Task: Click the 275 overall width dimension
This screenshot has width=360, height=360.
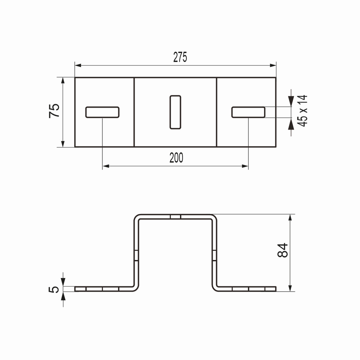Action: tap(180, 57)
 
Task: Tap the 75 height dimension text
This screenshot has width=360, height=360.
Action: tap(54, 111)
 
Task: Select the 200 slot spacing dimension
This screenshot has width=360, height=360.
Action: tap(176, 158)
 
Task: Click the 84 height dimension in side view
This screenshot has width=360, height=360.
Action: tap(283, 250)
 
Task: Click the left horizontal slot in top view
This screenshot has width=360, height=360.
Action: tap(102, 112)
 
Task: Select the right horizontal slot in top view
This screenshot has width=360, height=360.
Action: tap(248, 112)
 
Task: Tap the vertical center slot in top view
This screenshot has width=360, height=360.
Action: tap(175, 112)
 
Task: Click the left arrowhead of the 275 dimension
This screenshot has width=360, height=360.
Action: tap(78, 65)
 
